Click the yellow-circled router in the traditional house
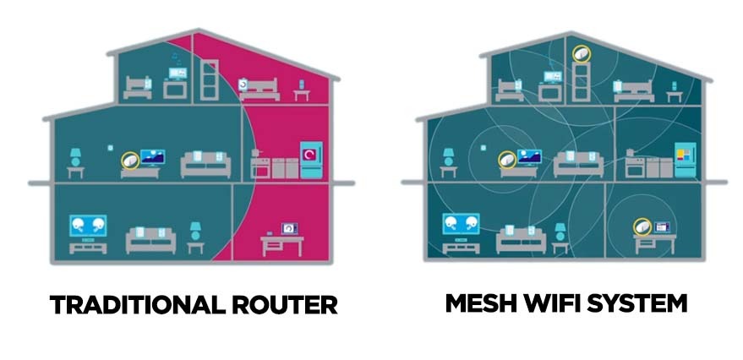coord(129,158)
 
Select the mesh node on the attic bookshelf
coord(582,53)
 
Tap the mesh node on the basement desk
coord(642,226)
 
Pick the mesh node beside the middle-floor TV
coord(506,158)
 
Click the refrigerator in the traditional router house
coord(310,159)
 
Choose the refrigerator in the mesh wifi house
coord(685,159)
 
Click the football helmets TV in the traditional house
coord(89,226)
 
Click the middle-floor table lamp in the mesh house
coord(449,157)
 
